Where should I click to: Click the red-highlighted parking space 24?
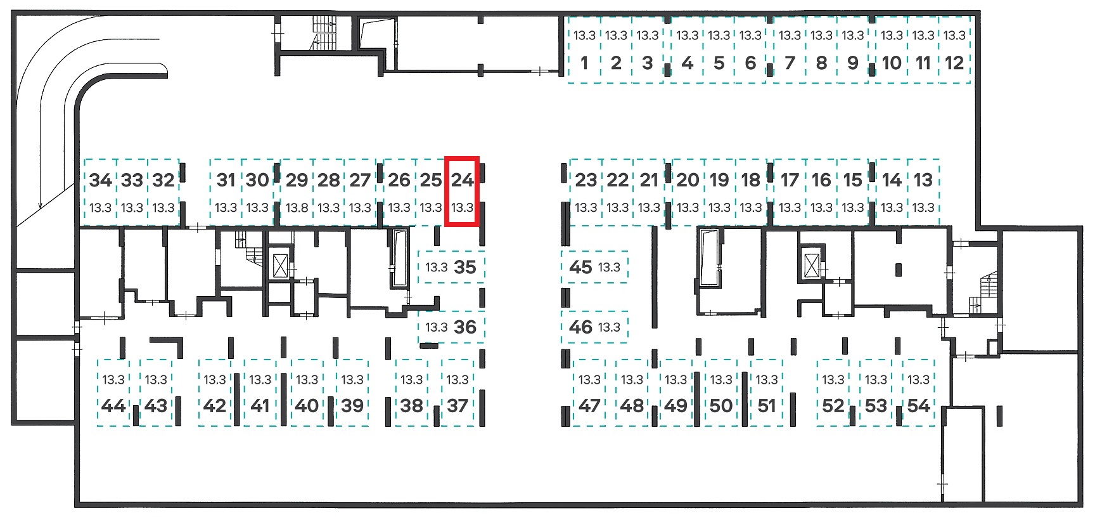462,192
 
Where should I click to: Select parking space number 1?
584,50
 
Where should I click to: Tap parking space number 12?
954,50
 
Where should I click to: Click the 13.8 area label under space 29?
297,207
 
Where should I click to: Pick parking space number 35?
451,267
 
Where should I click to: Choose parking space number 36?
451,327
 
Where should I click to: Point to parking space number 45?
594,267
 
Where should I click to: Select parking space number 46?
594,327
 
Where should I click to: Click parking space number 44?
113,393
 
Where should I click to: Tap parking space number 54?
918,393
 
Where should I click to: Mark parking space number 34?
100,192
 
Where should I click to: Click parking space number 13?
923,192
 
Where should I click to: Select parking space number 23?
586,192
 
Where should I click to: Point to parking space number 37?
457,393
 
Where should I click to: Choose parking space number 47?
589,393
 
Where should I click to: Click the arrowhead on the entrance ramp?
41,204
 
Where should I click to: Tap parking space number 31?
226,192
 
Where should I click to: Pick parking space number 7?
790,50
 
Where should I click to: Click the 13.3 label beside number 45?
609,267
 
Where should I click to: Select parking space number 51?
766,393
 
